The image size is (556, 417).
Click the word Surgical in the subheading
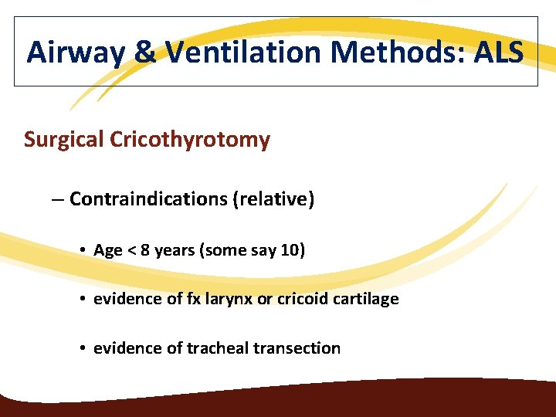64,140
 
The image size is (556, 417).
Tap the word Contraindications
148,199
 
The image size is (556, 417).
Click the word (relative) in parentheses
273,199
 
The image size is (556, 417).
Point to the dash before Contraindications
58,199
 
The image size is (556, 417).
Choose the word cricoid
303,298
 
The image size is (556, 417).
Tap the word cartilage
366,298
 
